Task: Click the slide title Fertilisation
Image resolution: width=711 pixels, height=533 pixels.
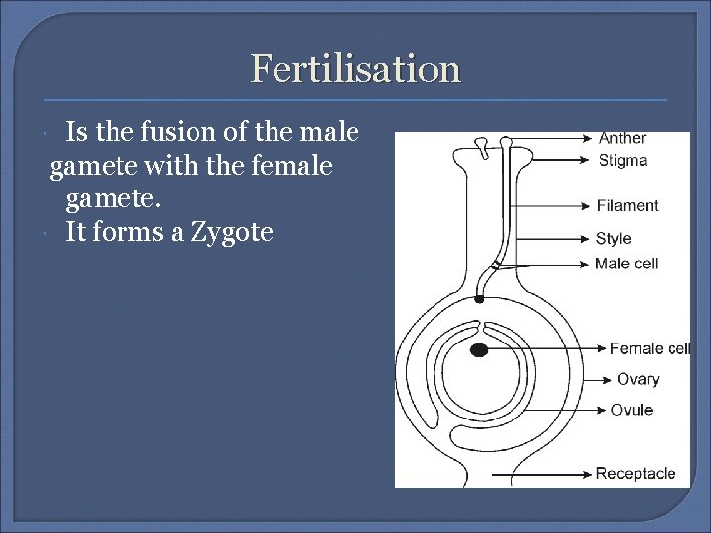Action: coord(355,68)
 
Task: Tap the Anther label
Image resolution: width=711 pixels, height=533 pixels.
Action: coord(622,139)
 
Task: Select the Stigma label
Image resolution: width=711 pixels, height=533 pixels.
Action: coord(622,160)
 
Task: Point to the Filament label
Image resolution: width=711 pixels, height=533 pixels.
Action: coord(627,205)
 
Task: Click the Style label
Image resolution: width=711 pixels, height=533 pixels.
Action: coord(613,238)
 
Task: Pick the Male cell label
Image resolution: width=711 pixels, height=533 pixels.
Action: coord(626,264)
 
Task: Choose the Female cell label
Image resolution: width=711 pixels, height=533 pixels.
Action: coord(650,348)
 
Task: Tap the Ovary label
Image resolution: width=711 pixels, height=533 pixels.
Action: coord(638,379)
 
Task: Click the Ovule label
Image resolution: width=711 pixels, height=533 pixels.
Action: coord(631,410)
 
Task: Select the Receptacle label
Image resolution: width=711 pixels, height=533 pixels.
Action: coord(636,473)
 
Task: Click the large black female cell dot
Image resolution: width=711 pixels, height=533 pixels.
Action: coord(479,349)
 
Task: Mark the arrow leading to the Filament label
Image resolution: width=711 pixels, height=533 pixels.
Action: coord(553,206)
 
